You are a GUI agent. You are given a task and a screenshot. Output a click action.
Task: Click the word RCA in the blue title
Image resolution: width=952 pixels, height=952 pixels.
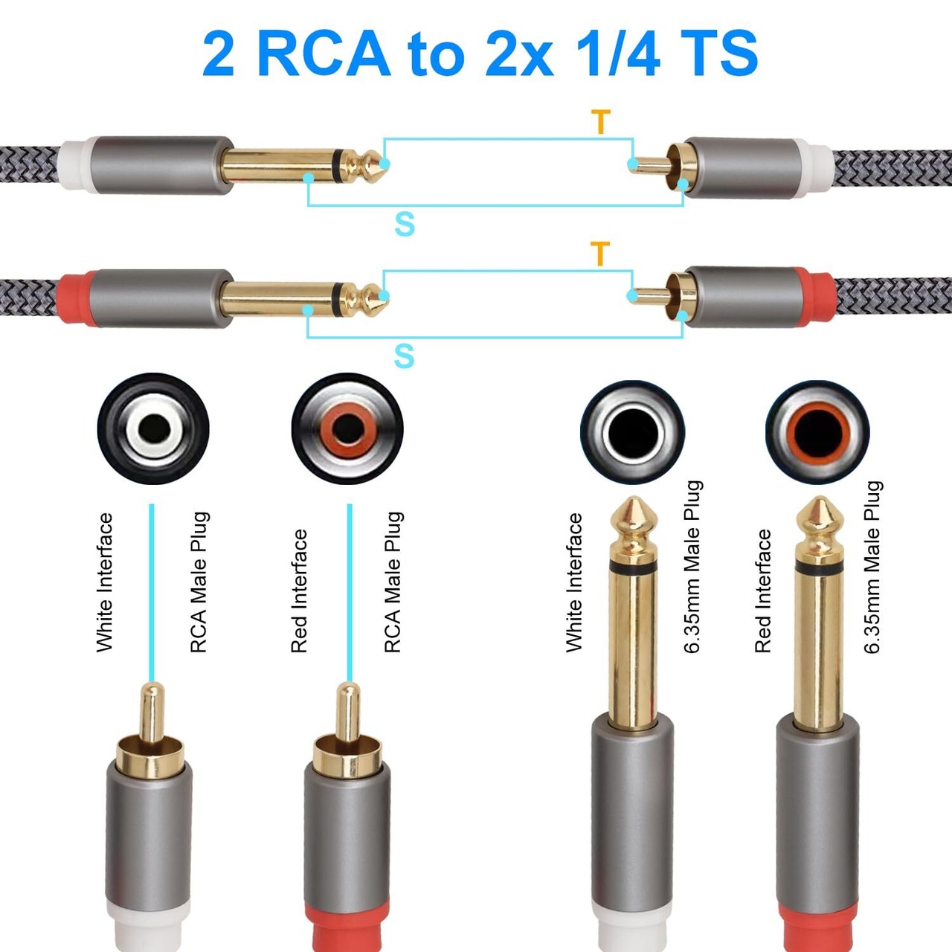coord(324,54)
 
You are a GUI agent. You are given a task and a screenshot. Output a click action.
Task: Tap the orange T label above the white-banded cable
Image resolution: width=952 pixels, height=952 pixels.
coord(601,121)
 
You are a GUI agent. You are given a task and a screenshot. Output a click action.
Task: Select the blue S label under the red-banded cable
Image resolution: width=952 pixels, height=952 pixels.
coord(404,356)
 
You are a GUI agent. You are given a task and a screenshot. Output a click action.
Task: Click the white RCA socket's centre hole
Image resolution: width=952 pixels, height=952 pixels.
coord(154,429)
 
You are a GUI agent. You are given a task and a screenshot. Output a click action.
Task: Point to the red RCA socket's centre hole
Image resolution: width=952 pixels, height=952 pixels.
coord(347,429)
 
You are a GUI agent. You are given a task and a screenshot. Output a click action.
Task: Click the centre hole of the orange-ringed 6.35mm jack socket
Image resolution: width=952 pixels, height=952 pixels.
coord(817,431)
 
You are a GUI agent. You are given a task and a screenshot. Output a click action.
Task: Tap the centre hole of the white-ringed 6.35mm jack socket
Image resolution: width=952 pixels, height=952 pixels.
coord(632,431)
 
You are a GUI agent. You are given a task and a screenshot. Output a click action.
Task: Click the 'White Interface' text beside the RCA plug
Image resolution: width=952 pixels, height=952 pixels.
coord(105,582)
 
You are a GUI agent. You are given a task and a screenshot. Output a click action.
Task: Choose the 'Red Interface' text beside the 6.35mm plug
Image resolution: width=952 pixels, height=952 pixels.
coord(763,591)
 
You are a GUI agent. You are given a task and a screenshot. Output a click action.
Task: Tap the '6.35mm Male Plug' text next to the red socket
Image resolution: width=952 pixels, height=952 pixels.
coord(872,567)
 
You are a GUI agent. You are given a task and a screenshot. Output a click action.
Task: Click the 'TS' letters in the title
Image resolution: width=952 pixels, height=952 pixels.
coord(719,54)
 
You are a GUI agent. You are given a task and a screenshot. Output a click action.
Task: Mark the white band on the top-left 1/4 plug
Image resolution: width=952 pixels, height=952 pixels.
coord(77,165)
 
